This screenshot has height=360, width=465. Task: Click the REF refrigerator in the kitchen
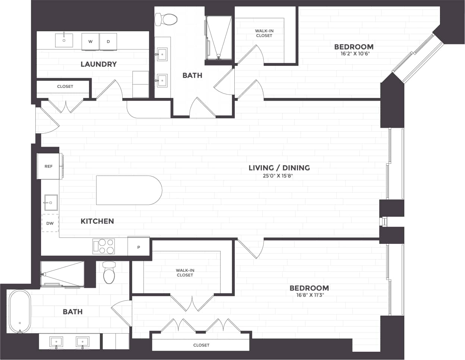(49, 166)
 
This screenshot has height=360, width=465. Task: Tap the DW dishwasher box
(50, 223)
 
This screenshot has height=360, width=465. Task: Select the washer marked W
(90, 41)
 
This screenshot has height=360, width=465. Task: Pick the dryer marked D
(108, 41)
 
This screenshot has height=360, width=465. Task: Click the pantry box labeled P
(139, 246)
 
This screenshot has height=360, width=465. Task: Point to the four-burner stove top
(104, 246)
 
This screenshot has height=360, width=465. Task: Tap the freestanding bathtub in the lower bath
(19, 311)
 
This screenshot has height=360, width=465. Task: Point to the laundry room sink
(64, 40)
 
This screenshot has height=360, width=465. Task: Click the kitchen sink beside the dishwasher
(51, 203)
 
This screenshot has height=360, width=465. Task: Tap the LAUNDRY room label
(99, 64)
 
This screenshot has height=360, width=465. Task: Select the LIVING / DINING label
(279, 168)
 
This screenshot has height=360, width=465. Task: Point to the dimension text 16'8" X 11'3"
(309, 295)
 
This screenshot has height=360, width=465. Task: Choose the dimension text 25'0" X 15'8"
(278, 176)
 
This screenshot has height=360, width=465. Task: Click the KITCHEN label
(97, 221)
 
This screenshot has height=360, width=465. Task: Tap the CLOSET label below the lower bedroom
(201, 345)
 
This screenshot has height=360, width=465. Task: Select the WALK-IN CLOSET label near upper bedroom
(264, 34)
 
